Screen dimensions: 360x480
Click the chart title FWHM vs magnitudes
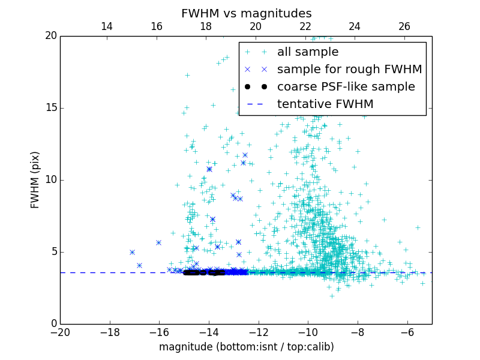tap(246, 13)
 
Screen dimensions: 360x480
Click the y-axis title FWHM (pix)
tap(35, 179)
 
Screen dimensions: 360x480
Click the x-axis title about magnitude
tap(246, 347)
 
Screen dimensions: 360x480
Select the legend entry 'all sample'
tap(308, 52)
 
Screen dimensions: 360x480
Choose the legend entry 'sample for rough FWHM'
tap(349, 70)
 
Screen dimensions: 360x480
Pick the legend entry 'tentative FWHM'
tap(325, 104)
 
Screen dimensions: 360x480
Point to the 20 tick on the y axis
tap(50, 36)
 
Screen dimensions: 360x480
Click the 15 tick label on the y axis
tap(50, 108)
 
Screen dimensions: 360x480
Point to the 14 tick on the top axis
tap(107, 26)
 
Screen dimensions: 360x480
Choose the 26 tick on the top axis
tap(404, 26)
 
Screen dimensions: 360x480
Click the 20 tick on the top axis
tap(256, 26)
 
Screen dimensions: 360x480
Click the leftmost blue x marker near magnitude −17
tap(132, 252)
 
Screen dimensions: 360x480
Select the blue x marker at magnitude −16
tap(158, 242)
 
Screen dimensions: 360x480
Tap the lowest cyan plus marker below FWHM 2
tap(332, 295)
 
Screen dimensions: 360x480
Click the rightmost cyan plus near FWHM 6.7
tap(418, 227)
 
